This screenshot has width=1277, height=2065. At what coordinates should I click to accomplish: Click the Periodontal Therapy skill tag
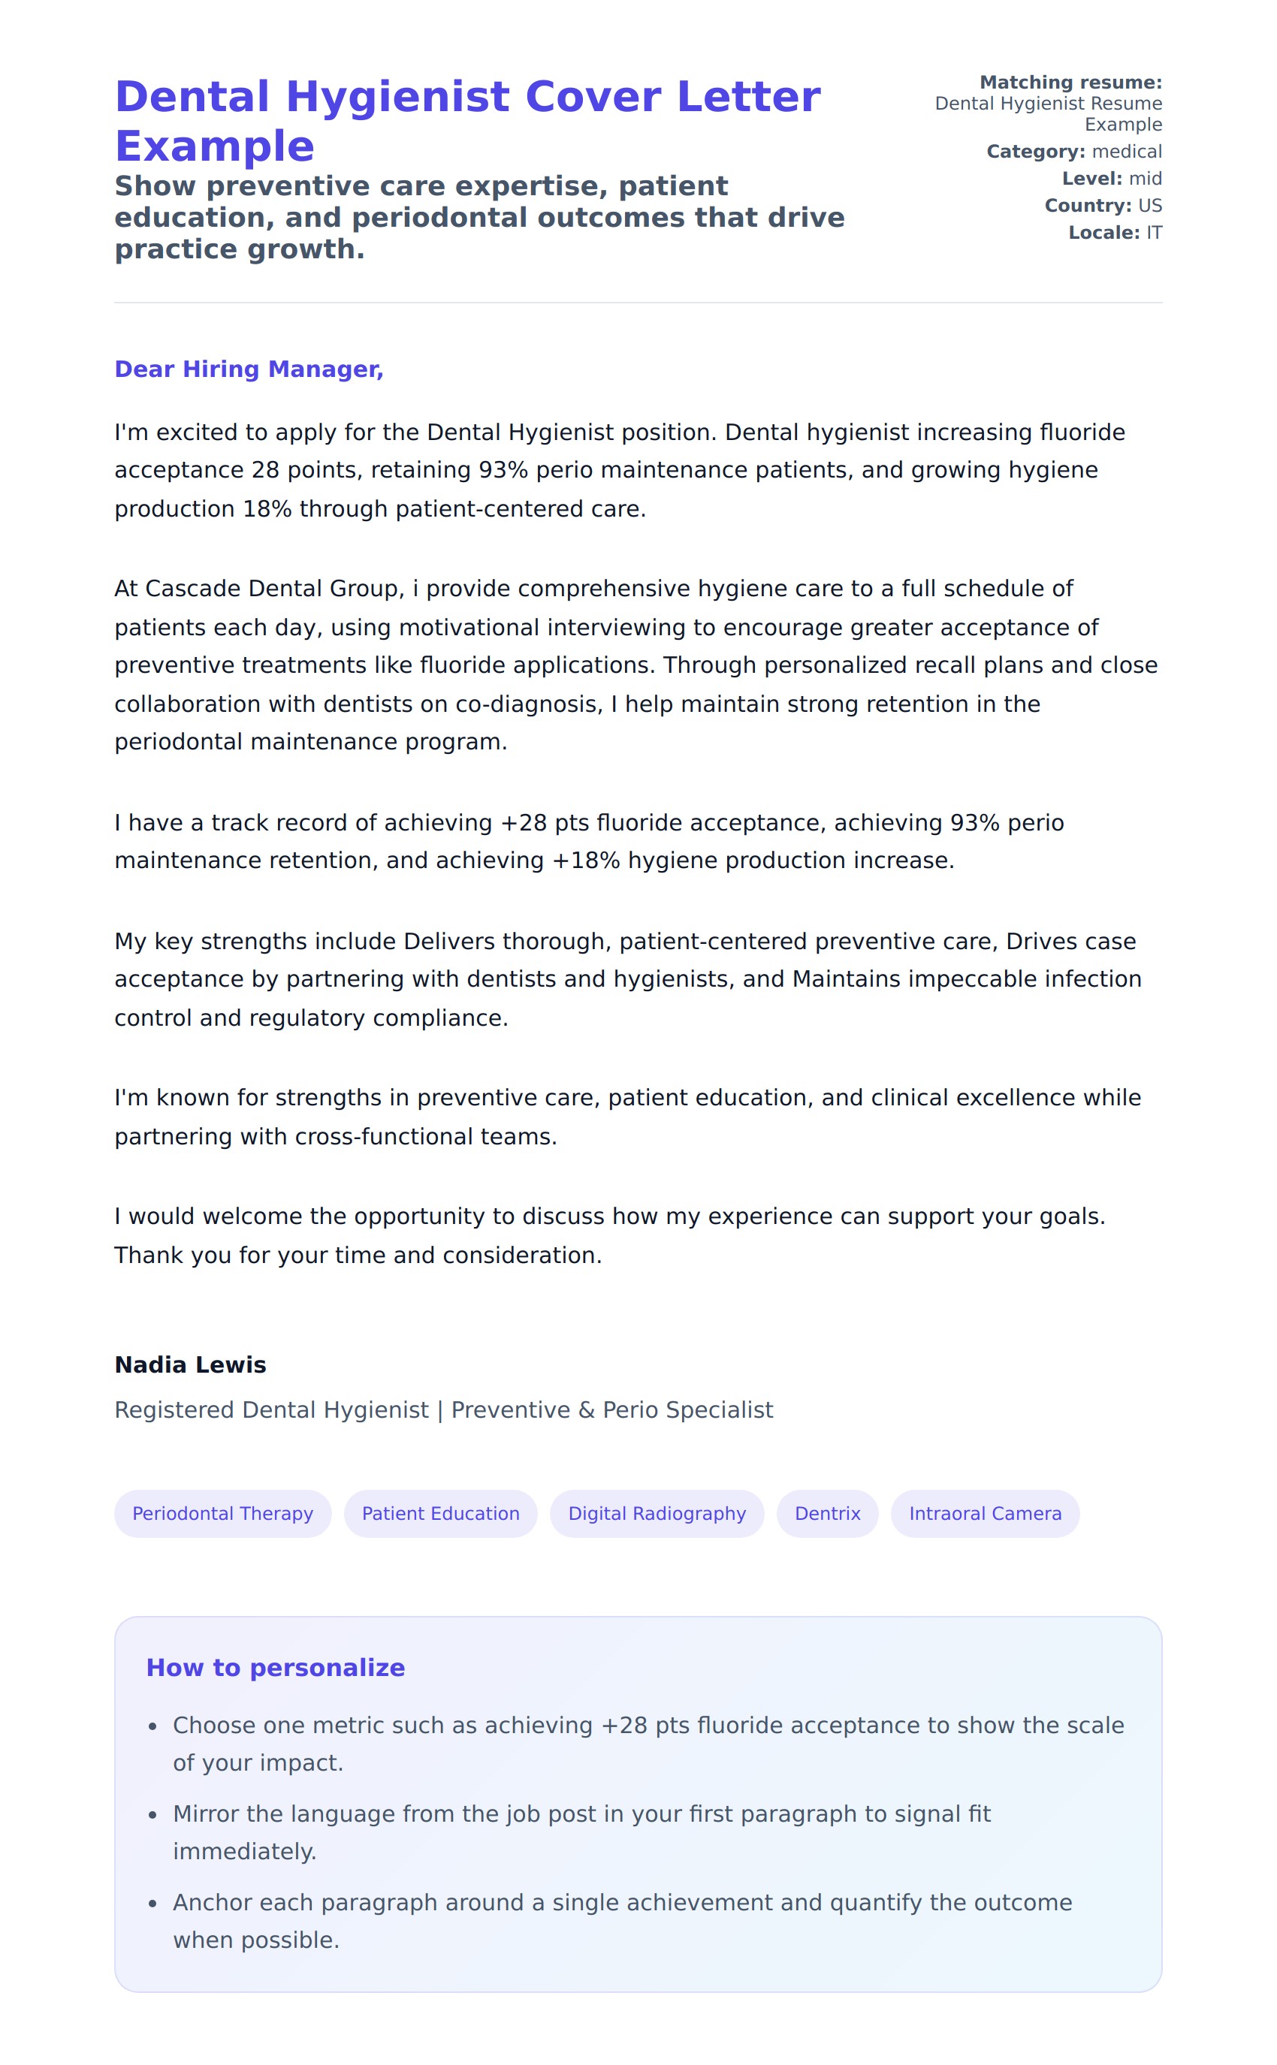(x=222, y=1513)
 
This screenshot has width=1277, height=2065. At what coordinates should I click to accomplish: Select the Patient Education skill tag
(x=440, y=1513)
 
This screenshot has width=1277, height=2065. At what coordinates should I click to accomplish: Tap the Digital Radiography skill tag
(x=657, y=1513)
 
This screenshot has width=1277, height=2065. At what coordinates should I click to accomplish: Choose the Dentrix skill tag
(x=827, y=1513)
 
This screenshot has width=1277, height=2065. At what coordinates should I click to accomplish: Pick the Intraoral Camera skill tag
(x=985, y=1513)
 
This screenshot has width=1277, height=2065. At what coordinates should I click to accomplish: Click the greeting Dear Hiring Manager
(x=249, y=369)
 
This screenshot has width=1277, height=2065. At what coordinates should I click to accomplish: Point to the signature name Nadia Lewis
(x=190, y=1364)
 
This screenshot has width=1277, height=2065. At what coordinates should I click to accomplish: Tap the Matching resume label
(x=1070, y=83)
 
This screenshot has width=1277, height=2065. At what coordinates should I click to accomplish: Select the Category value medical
(x=1127, y=152)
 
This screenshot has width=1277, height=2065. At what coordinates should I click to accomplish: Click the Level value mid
(x=1146, y=179)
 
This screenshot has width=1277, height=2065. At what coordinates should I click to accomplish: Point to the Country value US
(x=1149, y=206)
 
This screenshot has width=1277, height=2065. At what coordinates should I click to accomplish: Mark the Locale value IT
(x=1154, y=233)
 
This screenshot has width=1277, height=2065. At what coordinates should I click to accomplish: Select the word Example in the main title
(x=215, y=147)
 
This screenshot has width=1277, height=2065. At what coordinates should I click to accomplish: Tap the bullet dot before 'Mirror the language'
(x=153, y=1814)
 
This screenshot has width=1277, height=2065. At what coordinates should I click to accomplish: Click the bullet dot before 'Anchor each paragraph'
(x=153, y=1903)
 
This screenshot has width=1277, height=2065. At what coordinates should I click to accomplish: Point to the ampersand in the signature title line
(x=586, y=1410)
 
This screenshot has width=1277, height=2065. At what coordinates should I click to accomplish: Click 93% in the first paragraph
(x=503, y=470)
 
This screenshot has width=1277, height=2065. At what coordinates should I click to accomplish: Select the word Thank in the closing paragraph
(x=149, y=1256)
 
